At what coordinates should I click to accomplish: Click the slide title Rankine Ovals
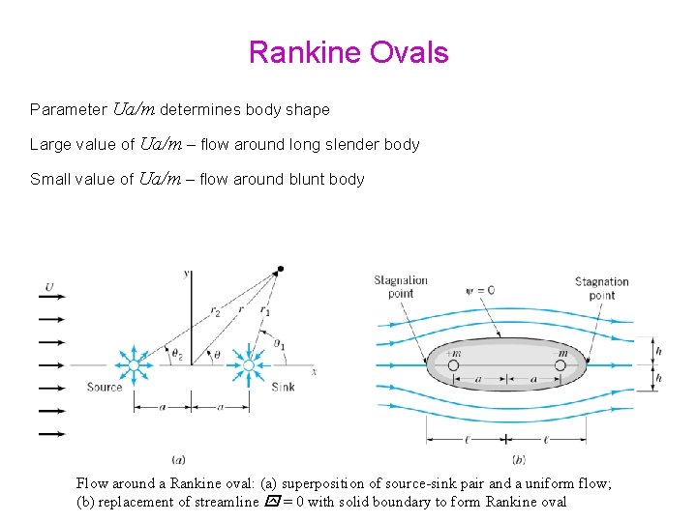point(348,52)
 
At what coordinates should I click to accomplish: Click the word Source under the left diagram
point(105,387)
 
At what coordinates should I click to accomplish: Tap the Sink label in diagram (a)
point(283,387)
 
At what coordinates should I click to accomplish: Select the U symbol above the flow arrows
point(49,286)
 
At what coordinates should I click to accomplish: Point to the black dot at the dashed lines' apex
point(280,269)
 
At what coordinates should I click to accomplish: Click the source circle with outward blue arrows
point(135,365)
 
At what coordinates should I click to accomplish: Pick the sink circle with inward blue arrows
point(249,365)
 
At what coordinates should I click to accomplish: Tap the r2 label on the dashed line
point(215,313)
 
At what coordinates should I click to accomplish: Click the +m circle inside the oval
point(453,365)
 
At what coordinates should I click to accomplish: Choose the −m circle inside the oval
point(561,365)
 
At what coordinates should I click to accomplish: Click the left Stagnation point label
point(401,287)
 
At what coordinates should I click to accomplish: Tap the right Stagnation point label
point(601,288)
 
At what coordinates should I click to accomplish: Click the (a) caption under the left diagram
point(178,459)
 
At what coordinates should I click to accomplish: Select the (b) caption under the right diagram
point(518,459)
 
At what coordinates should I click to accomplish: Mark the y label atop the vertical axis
point(186,275)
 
